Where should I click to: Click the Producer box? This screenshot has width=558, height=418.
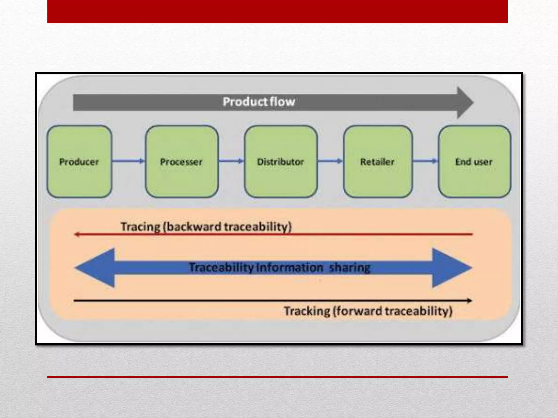pos(79,162)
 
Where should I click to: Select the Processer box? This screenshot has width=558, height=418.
pos(181,162)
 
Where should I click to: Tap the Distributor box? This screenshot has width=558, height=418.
pos(281,162)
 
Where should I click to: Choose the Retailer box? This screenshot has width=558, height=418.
pos(378,162)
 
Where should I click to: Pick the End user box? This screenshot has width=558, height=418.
pos(474,162)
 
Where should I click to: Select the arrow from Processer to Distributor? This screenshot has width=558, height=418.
pos(231,161)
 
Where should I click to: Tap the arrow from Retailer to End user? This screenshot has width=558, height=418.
pos(425,161)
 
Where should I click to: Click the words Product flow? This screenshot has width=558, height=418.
pos(259,102)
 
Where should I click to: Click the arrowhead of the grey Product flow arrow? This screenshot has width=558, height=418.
pos(465,103)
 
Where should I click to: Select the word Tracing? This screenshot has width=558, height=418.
pos(141,227)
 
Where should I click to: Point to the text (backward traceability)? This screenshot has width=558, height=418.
pos(227,227)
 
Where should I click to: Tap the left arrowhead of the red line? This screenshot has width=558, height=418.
pos(77,234)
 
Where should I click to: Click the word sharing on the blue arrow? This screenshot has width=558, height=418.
pos(350,268)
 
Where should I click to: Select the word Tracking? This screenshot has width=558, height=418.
pos(307,311)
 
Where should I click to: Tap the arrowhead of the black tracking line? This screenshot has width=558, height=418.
pos(469,300)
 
